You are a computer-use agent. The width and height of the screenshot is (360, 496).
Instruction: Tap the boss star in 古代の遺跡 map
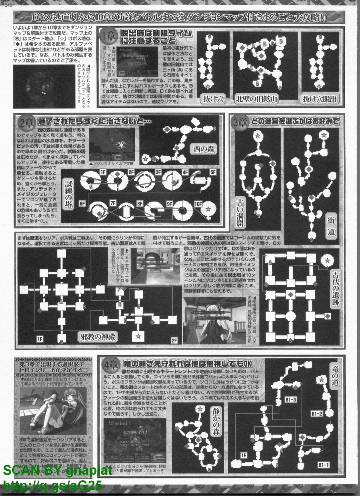coord(327,259)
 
